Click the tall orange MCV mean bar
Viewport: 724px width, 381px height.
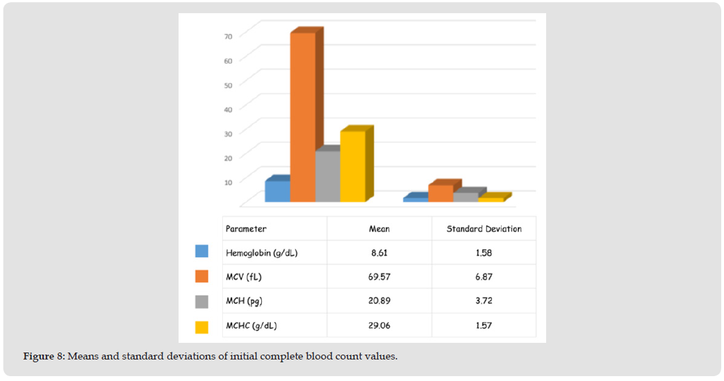[x=303, y=118]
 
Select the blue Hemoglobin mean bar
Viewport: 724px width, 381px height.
[x=277, y=191]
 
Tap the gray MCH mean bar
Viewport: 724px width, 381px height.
[x=327, y=176]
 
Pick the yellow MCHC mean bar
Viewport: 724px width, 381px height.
[x=352, y=167]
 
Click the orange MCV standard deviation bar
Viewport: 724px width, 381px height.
[x=441, y=194]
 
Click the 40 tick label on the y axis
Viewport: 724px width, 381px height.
[x=228, y=108]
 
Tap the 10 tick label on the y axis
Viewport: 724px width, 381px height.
[x=228, y=181]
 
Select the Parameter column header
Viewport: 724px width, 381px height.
[x=246, y=228]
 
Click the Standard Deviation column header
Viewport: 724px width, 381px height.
[x=484, y=228]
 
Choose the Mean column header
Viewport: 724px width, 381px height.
[x=379, y=228]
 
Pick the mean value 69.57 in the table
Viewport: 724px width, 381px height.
[x=379, y=276]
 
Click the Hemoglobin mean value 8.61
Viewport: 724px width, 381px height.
[x=379, y=253]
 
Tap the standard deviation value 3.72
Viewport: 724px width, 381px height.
[x=484, y=300]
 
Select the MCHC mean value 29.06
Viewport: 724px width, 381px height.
[x=379, y=325]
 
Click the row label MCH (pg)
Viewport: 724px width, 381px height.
[x=245, y=300]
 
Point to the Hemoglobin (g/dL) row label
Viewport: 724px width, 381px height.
[x=261, y=253]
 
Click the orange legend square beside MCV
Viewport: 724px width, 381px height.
[x=202, y=276]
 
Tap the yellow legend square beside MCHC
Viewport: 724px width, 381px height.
[x=202, y=326]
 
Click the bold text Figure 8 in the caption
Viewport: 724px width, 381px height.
[x=43, y=356]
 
